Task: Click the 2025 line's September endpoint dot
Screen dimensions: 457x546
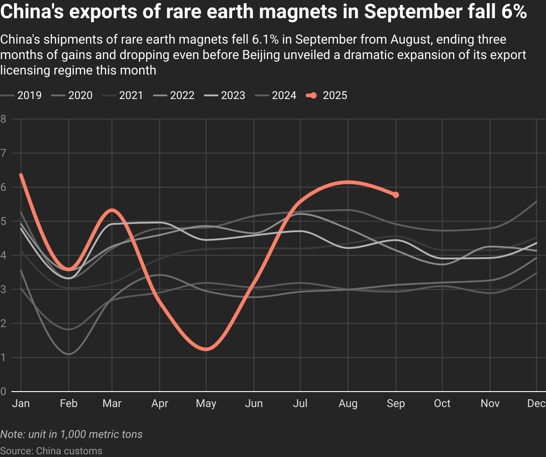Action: (396, 195)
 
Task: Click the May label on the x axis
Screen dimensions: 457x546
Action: (206, 404)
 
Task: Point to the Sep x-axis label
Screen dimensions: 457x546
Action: (396, 404)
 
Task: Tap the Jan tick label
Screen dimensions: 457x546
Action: (21, 404)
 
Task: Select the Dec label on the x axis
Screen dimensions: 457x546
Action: (536, 404)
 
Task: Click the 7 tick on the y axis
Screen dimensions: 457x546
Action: (3, 153)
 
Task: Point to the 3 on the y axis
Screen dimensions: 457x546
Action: (3, 289)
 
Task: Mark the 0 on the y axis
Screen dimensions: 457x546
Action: (3, 392)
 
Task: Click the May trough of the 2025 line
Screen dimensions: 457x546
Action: (206, 349)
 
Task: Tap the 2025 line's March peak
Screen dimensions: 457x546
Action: (112, 210)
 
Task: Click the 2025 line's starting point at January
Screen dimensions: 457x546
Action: (21, 175)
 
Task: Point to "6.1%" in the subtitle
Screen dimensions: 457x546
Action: (263, 40)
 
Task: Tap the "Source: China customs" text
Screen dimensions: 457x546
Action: (51, 451)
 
